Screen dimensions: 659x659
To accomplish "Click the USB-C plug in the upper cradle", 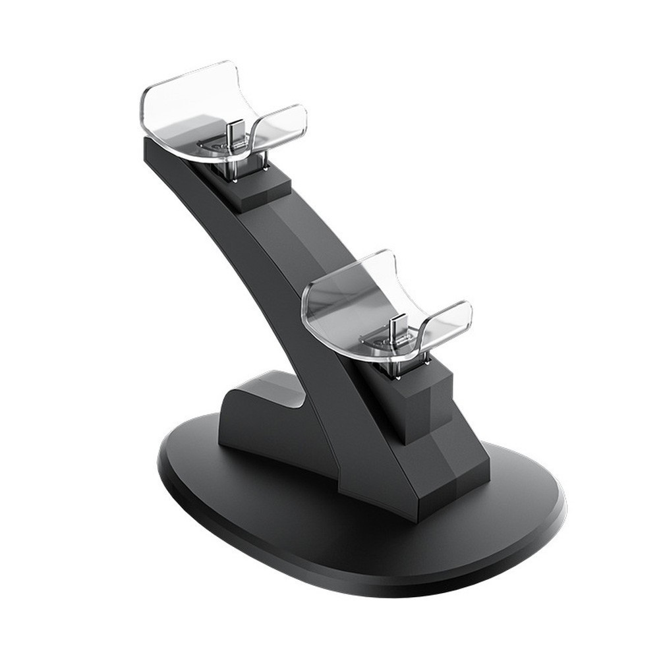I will [x=231, y=132].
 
